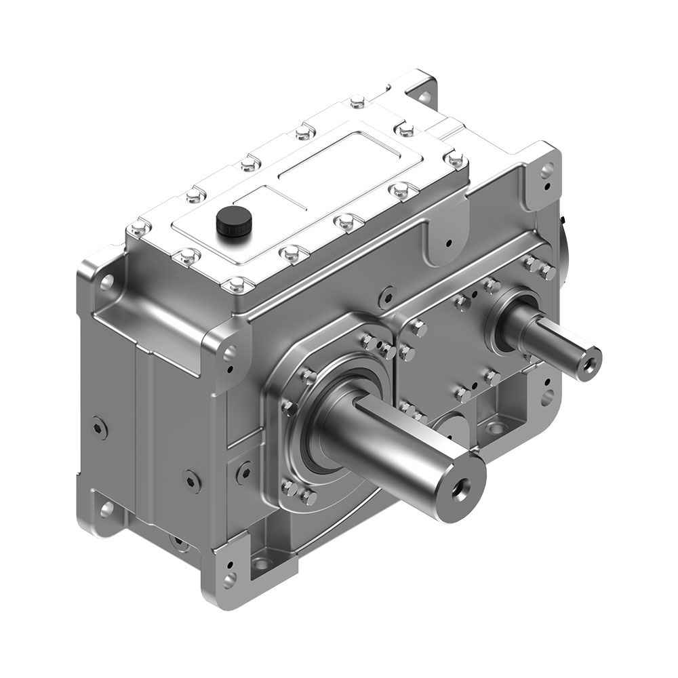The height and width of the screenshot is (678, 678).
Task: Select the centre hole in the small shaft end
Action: point(588,359)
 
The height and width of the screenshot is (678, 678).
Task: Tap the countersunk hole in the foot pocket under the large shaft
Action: point(261,563)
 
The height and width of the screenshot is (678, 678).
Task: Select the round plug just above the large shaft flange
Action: point(386,296)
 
